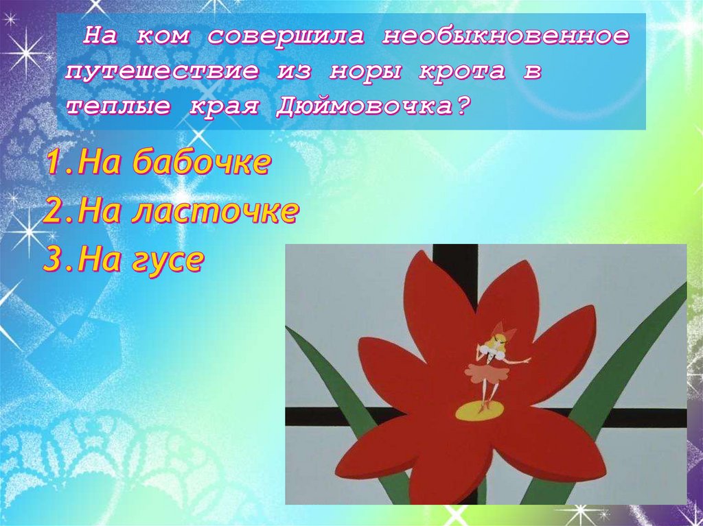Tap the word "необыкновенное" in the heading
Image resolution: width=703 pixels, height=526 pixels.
(505, 37)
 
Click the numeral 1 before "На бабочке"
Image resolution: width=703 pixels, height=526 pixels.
(56, 165)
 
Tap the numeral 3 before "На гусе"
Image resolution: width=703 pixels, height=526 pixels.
(54, 261)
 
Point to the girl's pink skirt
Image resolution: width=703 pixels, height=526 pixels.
(487, 373)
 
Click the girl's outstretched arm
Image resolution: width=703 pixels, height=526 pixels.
(518, 360)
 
